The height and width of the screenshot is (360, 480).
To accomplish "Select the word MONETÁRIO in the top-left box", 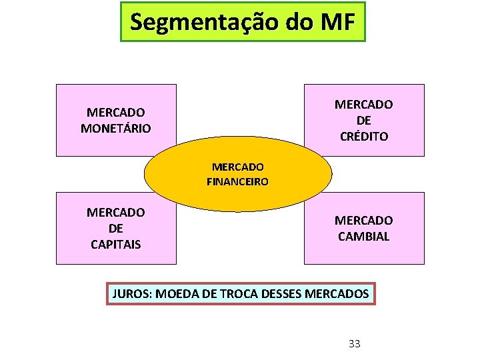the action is [x=116, y=128].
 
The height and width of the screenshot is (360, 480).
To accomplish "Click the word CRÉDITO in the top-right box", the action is [x=363, y=136].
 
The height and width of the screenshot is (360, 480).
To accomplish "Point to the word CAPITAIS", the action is [x=116, y=244].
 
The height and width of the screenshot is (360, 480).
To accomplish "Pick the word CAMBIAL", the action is [x=363, y=236].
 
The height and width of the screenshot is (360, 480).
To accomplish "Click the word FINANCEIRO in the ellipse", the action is [x=238, y=181].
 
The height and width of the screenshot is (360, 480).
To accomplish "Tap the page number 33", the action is [x=355, y=344].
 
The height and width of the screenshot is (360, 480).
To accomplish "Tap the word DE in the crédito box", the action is [x=363, y=121].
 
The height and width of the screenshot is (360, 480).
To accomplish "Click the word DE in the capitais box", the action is [x=116, y=228].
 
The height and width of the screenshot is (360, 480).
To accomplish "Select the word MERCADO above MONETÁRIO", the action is [x=116, y=113].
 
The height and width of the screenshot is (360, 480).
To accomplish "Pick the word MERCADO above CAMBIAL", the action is [x=363, y=220].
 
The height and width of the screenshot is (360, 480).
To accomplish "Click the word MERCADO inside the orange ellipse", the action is [x=238, y=167].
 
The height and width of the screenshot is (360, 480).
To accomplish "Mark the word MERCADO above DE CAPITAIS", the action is [x=116, y=213].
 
